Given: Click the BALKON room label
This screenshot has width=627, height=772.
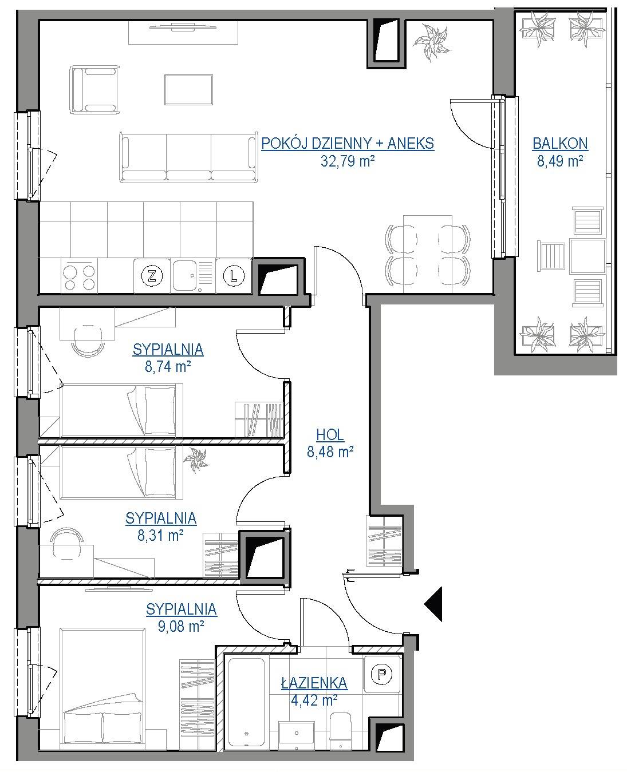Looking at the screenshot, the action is (x=559, y=144).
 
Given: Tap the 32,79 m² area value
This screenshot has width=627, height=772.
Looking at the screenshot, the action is (x=347, y=161).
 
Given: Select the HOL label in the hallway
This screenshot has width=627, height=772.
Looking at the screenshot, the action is (x=330, y=434).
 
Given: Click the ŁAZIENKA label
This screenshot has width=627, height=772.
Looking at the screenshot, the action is (x=314, y=683).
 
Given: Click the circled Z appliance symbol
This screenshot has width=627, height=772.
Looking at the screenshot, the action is (x=152, y=276).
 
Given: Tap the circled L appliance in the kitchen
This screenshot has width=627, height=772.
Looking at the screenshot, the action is (x=234, y=276).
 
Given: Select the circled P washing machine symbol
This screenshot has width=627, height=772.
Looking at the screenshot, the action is (x=382, y=674).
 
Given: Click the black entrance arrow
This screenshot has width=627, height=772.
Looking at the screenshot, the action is (x=433, y=604).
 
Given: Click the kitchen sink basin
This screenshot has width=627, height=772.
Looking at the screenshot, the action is (x=184, y=275).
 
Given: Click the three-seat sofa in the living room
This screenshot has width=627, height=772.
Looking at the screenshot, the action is (x=188, y=157).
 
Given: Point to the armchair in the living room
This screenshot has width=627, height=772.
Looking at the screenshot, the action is (x=94, y=89).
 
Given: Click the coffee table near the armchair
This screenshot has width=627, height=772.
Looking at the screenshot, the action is (x=188, y=90).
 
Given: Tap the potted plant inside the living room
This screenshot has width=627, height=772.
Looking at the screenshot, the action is (x=433, y=42).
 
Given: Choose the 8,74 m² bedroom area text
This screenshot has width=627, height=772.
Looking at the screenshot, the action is (x=168, y=366).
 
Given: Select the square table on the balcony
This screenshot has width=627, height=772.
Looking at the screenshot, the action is (x=587, y=256).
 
